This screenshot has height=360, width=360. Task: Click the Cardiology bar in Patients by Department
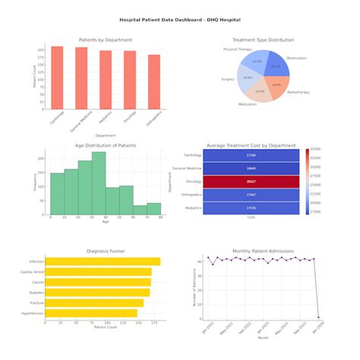pyautogui.click(x=57, y=77)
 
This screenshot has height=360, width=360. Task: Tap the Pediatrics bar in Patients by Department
pyautogui.click(x=106, y=80)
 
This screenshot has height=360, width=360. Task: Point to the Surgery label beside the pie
pyautogui.click(x=228, y=79)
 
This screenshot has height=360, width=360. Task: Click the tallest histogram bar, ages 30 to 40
pyautogui.click(x=99, y=182)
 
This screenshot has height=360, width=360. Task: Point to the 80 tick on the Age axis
pyautogui.click(x=161, y=218)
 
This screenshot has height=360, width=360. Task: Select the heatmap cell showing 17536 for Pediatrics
pyautogui.click(x=251, y=207)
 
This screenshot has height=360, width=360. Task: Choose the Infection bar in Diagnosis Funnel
pyautogui.click(x=102, y=261)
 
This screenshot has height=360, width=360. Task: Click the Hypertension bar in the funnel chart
pyautogui.click(x=90, y=313)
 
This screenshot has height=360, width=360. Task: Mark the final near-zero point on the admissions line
pyautogui.click(x=318, y=317)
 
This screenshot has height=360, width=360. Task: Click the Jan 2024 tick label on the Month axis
pyautogui.click(x=314, y=331)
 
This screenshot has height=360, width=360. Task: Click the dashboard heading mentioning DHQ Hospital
pyautogui.click(x=180, y=21)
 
